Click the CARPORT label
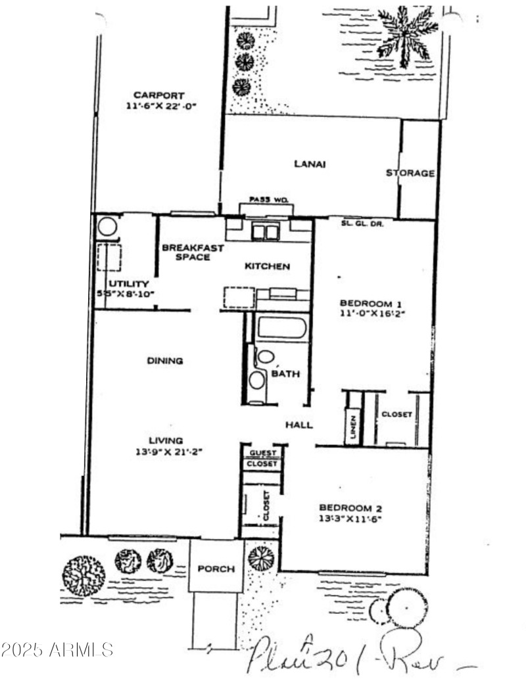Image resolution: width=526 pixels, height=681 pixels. [158, 95]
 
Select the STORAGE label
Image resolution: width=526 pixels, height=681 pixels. [410, 173]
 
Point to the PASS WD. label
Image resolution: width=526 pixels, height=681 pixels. [266, 199]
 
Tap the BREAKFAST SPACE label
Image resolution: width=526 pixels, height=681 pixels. [193, 252]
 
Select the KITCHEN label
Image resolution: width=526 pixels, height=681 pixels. [267, 266]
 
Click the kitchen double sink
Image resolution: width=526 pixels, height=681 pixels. [265, 232]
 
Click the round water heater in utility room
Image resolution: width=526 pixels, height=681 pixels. [107, 227]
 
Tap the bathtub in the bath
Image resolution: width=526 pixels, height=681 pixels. [281, 328]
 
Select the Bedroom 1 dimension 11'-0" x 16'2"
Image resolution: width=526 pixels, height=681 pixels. [372, 314]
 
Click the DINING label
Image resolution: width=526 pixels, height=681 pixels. [164, 360]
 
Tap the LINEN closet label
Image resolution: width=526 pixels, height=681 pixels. [352, 427]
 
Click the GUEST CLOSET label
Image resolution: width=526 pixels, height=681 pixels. [262, 458]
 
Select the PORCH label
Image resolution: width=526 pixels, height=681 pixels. [216, 569]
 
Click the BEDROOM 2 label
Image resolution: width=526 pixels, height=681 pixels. [350, 507]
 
